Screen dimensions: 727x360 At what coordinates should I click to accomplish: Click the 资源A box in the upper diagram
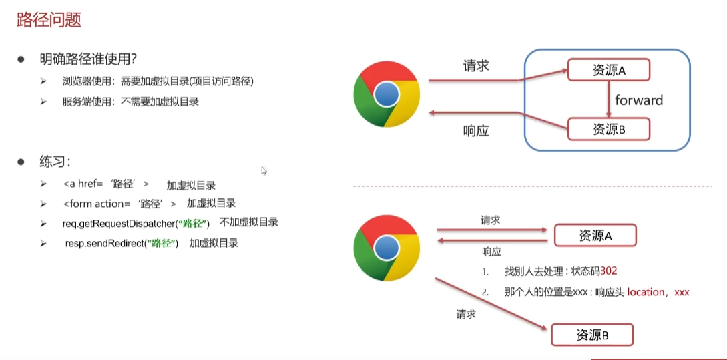[x=608, y=71]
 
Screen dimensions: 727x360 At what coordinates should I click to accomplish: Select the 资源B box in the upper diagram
[x=608, y=129]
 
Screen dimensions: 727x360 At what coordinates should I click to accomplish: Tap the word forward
[x=639, y=100]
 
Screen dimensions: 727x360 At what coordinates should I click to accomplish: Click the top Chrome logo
[x=387, y=94]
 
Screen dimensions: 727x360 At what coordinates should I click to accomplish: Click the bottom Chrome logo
[x=387, y=248]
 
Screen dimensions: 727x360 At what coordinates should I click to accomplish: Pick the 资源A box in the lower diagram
[x=595, y=235]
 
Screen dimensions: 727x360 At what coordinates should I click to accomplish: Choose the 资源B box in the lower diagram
[x=591, y=335]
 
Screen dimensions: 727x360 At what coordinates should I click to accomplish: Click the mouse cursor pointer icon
[x=264, y=170]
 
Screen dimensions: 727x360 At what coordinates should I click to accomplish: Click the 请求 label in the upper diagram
[x=476, y=66]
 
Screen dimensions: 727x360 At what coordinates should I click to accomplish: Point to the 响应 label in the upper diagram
[x=476, y=131]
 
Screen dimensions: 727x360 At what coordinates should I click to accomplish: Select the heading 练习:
[x=55, y=162]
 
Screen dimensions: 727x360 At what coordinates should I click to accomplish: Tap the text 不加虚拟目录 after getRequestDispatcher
[x=249, y=222]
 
